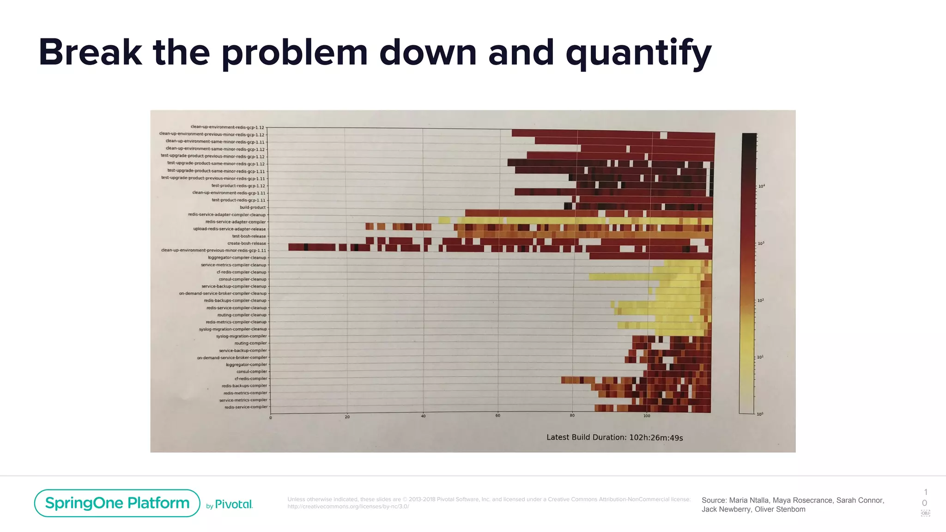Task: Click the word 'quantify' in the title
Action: click(x=638, y=54)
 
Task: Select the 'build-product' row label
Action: click(x=253, y=207)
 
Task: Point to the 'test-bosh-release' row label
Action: click(x=249, y=236)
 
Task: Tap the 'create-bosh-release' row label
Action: click(x=247, y=243)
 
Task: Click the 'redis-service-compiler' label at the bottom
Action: click(x=246, y=407)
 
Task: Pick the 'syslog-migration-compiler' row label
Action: click(x=241, y=336)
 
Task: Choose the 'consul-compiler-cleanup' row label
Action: click(x=242, y=279)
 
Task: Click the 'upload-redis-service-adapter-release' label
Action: click(x=229, y=229)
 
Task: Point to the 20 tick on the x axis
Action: click(x=347, y=417)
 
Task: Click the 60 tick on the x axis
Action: click(x=497, y=416)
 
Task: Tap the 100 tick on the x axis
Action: click(x=647, y=416)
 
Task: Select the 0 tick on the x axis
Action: click(x=271, y=417)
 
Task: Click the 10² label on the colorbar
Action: click(x=761, y=301)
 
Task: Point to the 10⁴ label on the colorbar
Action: click(x=761, y=186)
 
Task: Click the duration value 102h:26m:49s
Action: click(x=656, y=437)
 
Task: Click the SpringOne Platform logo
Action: click(x=117, y=503)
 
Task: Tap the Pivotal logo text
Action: click(x=234, y=504)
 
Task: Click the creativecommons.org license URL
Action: click(x=348, y=507)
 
